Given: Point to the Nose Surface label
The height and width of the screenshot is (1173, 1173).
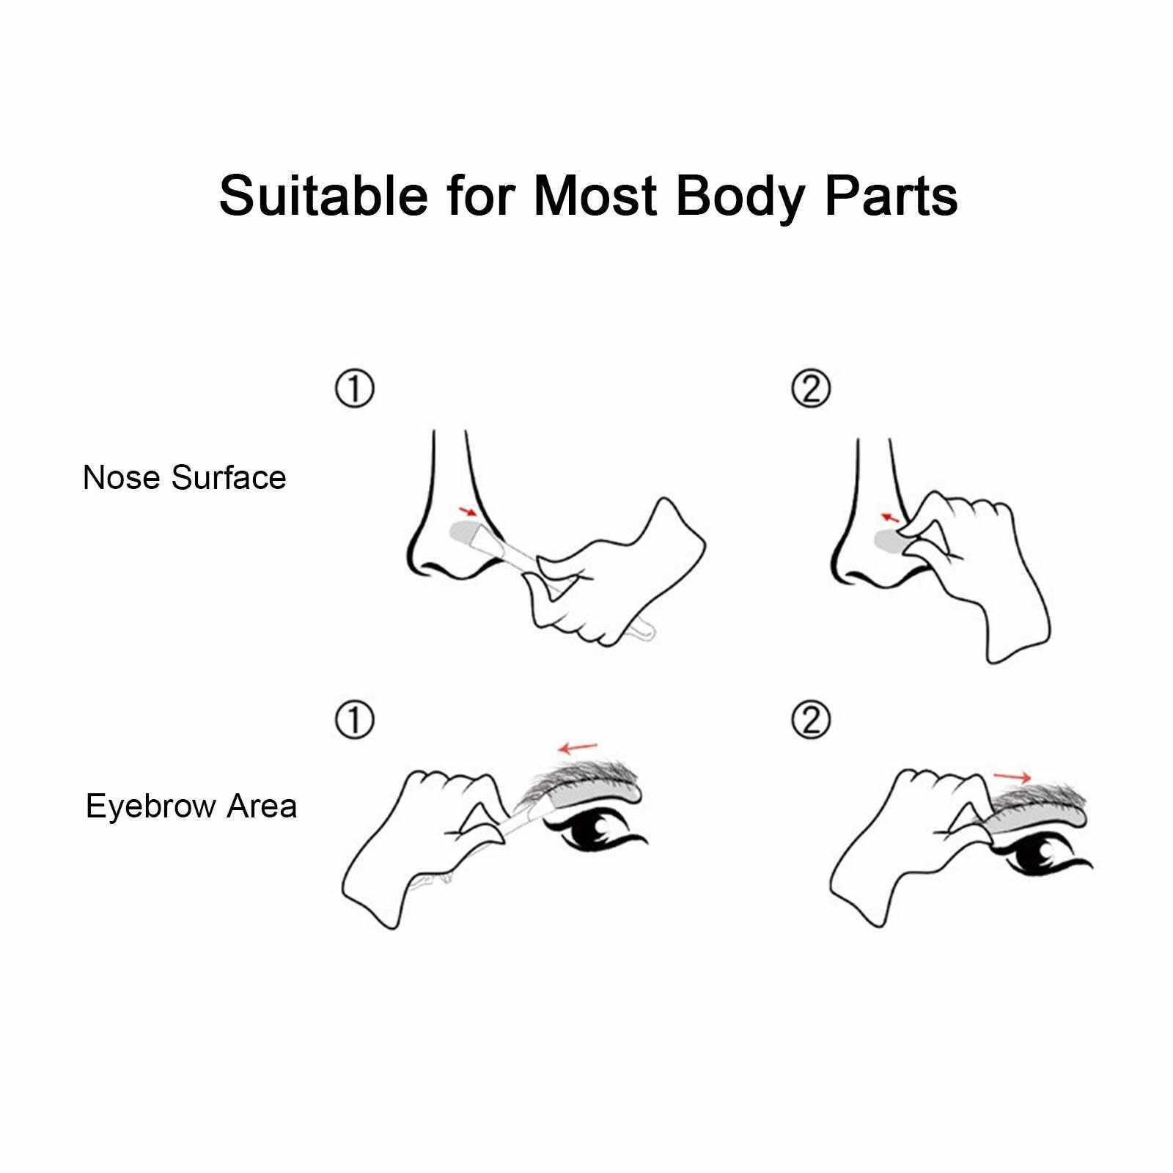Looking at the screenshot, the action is point(184,477).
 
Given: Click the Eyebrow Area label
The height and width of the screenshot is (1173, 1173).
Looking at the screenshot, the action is point(191,806).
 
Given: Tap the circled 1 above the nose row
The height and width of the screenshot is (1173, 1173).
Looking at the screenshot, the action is point(355,389).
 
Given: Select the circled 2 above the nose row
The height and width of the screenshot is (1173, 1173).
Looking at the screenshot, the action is point(811,389).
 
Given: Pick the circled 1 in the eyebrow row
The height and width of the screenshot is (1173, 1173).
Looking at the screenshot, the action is point(355,721).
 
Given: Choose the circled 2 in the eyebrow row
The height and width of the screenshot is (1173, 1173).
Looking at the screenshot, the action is point(811,721).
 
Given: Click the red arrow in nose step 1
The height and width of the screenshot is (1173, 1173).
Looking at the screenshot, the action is point(466,510).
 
